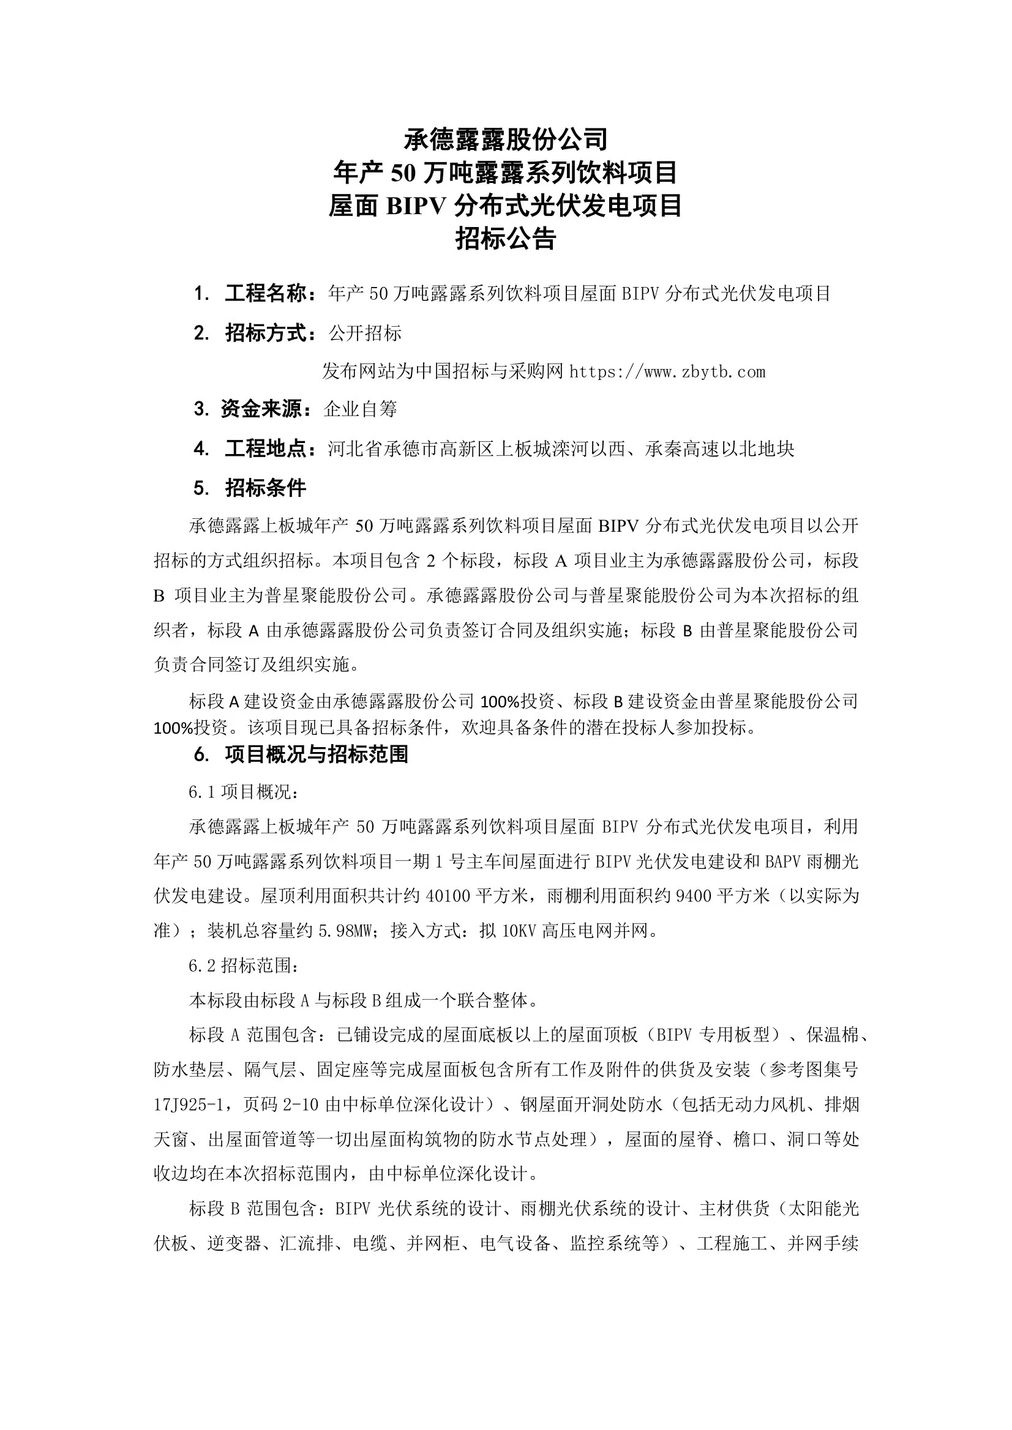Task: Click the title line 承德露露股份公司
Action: (x=505, y=140)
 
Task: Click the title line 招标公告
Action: (x=505, y=239)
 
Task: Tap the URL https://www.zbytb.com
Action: (x=667, y=373)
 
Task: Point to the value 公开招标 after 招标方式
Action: (x=365, y=334)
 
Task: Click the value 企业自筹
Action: (x=360, y=409)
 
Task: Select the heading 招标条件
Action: (x=266, y=488)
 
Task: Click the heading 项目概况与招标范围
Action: (x=316, y=755)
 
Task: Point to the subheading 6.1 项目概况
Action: (x=244, y=793)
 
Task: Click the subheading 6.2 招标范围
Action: (x=244, y=966)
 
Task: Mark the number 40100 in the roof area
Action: (x=448, y=896)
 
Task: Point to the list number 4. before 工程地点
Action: (x=201, y=449)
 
